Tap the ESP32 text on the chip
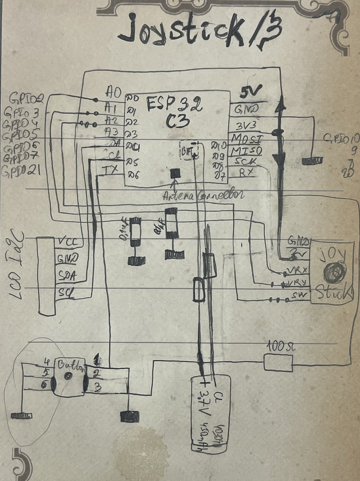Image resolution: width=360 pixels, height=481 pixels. click(174, 104)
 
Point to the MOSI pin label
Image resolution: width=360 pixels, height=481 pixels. click(246, 139)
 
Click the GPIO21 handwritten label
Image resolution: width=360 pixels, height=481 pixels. click(21, 171)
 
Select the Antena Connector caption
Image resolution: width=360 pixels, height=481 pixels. click(203, 194)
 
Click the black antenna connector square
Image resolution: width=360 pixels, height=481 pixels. click(175, 173)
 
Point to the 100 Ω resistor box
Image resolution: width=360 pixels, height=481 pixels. click(278, 363)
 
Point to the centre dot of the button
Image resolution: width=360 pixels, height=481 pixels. click(68, 376)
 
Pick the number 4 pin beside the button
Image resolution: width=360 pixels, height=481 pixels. click(47, 362)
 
